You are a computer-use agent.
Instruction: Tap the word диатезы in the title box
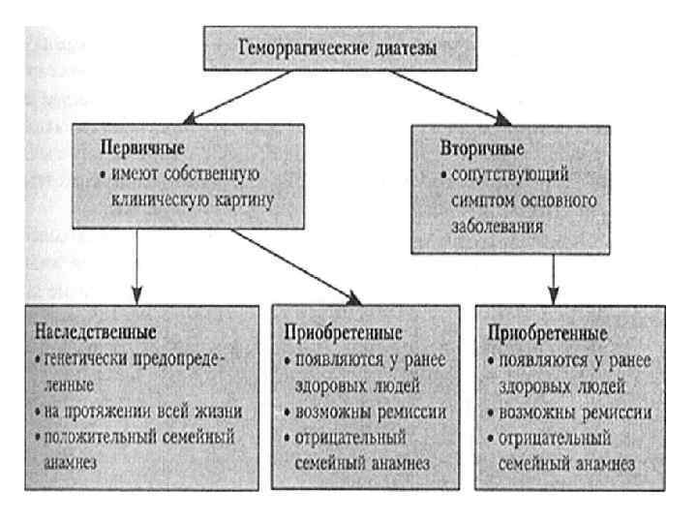tap(396, 49)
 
